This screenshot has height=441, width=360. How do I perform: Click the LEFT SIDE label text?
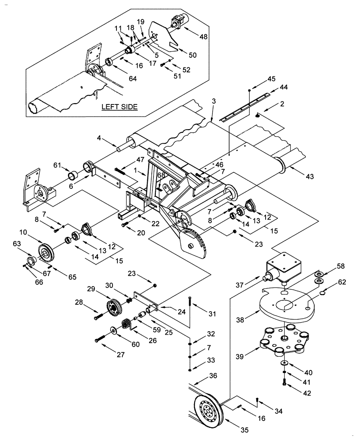coord(120,107)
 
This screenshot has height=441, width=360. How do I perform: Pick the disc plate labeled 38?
coord(287,306)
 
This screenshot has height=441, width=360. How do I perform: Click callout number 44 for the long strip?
coord(283,88)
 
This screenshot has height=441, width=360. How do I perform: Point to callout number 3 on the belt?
coord(214,101)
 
